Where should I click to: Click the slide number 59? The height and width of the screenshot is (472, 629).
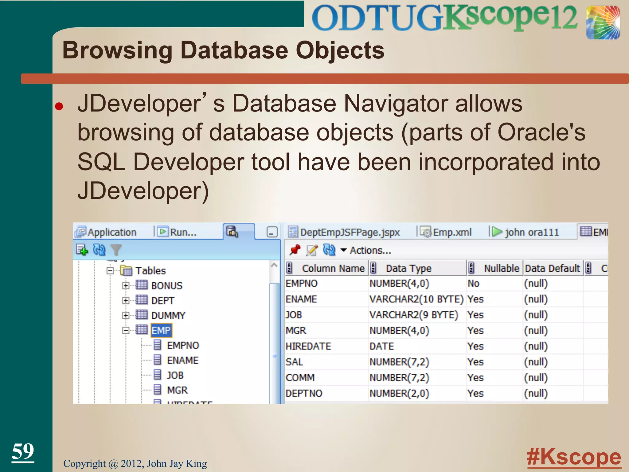[23, 451]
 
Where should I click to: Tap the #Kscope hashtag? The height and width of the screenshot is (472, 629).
[574, 457]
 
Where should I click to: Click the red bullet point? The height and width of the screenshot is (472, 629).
[59, 106]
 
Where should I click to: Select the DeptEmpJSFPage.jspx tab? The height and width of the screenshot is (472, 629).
[350, 232]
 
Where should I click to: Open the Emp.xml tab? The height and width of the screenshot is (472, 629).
[451, 232]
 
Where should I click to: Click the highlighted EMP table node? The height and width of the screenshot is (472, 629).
[161, 331]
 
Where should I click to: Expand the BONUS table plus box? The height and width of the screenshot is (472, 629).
[125, 286]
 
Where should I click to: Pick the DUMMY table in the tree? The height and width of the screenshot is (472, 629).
[168, 316]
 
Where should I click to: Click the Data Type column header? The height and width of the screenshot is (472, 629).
[408, 269]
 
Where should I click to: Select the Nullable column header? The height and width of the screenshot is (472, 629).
[501, 269]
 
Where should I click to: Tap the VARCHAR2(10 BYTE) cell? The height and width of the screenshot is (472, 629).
[416, 299]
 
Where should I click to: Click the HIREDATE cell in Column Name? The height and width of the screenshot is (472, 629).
[308, 346]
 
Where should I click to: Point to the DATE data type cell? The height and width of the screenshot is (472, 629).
[381, 346]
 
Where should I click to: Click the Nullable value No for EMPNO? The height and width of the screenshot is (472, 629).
[473, 283]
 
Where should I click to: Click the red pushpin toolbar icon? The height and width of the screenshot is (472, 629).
[295, 250]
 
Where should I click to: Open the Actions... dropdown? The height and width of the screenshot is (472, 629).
[366, 250]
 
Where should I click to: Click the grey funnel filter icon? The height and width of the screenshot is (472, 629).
[116, 250]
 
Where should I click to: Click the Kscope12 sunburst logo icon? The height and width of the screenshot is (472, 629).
[603, 23]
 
